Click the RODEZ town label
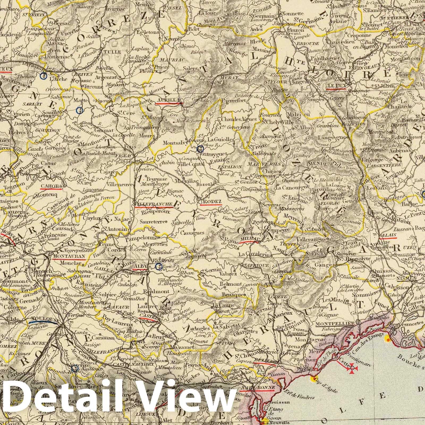pyautogui.click(x=212, y=201)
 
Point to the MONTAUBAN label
pyautogui.click(x=69, y=257)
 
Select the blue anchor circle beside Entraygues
pyautogui.click(x=200, y=149)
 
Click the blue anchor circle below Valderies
pyautogui.click(x=159, y=266)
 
